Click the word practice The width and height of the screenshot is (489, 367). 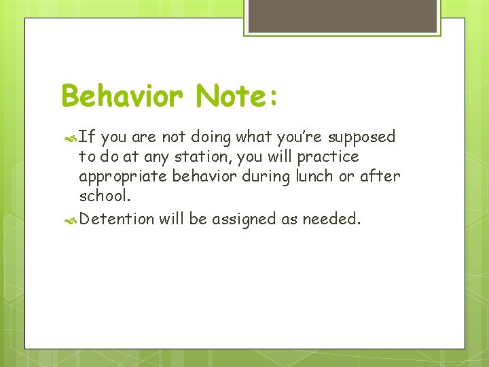328,157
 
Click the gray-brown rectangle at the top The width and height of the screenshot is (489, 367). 342,16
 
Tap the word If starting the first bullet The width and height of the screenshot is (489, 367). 86,137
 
